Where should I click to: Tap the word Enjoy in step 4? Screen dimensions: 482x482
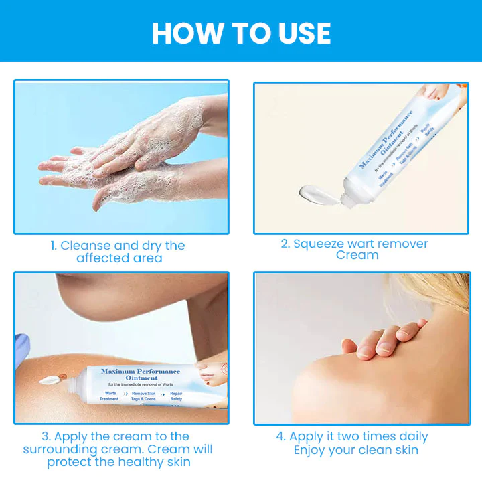312,450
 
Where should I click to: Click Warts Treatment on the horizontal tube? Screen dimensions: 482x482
109,396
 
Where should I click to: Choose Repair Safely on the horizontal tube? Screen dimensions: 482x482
176,396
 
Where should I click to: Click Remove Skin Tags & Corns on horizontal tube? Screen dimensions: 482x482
144,396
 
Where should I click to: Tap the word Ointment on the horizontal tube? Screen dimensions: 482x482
140,378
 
